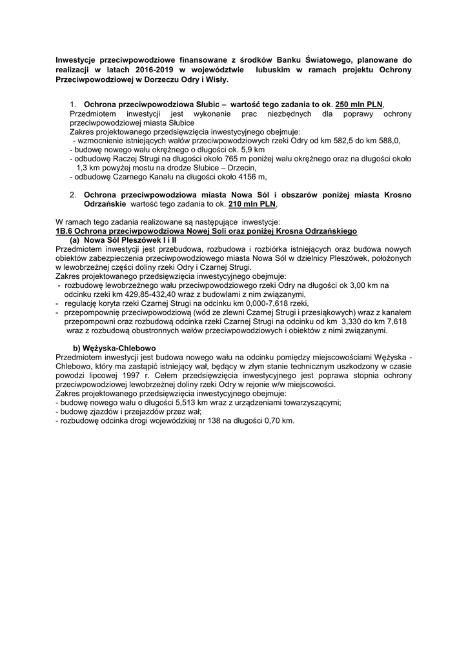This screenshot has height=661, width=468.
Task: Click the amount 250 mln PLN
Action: click(359, 105)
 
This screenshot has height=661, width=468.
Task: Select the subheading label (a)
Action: click(76, 239)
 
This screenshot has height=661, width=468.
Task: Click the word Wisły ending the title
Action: click(214, 81)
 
